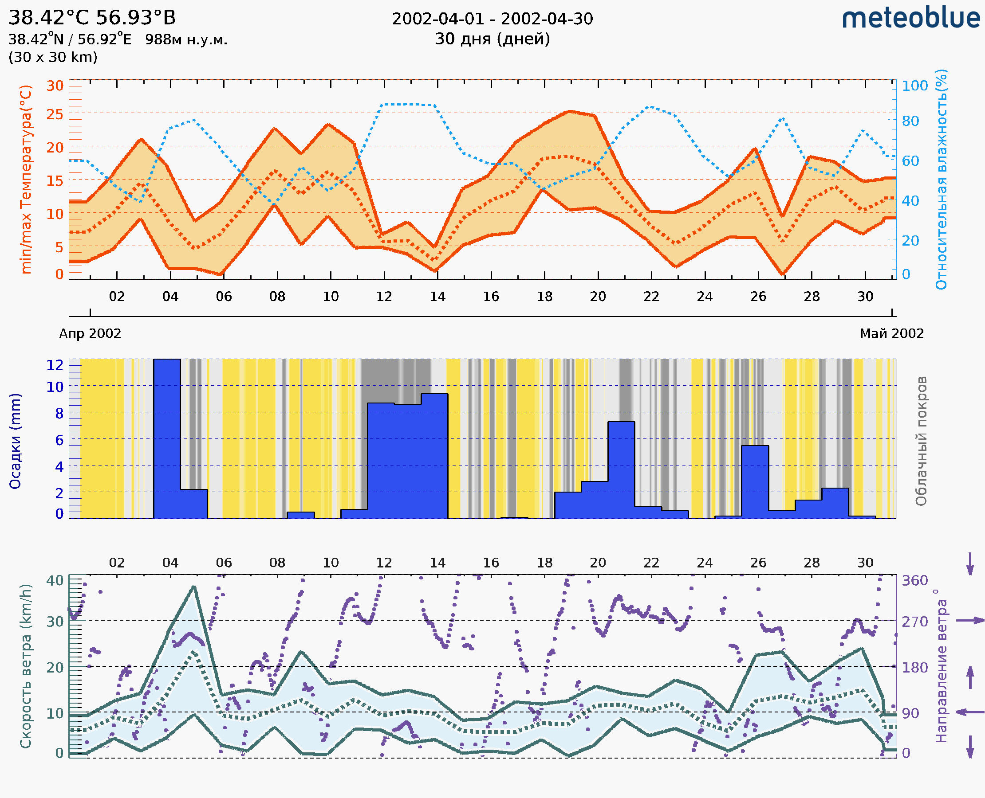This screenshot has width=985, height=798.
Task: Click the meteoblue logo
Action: (x=911, y=18)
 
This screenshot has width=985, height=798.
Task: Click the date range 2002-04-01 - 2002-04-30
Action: (x=492, y=19)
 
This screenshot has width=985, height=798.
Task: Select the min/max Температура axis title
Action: (x=26, y=179)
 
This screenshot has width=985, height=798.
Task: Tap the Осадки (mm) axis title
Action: (x=15, y=441)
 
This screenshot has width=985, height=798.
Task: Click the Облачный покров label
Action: (x=921, y=441)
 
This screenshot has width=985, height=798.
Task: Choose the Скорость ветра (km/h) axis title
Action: (x=26, y=666)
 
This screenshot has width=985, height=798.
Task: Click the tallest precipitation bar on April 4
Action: (x=166, y=437)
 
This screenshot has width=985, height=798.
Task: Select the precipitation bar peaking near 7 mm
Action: (x=621, y=469)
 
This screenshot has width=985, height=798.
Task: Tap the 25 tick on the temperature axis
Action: (x=55, y=114)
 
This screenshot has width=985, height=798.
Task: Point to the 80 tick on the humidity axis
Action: (x=910, y=121)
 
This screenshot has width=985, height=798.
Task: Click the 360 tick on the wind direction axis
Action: (x=914, y=581)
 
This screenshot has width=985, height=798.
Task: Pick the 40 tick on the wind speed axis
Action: (x=55, y=581)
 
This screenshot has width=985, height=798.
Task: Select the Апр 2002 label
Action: (x=90, y=333)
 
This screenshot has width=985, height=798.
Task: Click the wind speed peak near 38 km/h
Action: (x=194, y=587)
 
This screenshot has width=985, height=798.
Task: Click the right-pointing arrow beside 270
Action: (x=970, y=621)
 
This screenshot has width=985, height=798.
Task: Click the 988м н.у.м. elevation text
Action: (x=186, y=39)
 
